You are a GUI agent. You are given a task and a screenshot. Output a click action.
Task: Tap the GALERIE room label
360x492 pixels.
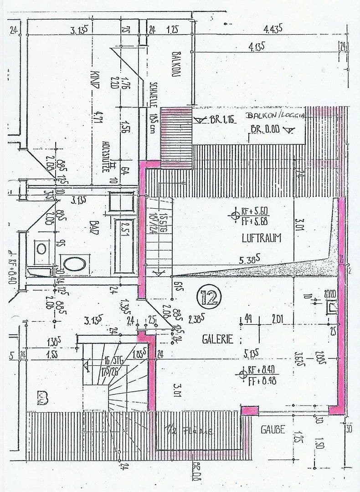coord(218,339)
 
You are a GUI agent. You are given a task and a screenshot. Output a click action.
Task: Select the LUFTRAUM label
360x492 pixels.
coord(262,238)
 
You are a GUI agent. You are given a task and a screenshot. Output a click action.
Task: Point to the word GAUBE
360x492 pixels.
coord(273,429)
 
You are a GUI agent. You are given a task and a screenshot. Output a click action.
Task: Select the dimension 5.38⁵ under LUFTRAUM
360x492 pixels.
coord(250,261)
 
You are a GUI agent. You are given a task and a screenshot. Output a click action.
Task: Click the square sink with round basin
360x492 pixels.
coord(41,248)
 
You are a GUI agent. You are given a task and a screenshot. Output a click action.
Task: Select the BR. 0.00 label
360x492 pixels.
coord(265,129)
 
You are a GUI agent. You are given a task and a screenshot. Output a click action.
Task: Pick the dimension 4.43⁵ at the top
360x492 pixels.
coord(273,29)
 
